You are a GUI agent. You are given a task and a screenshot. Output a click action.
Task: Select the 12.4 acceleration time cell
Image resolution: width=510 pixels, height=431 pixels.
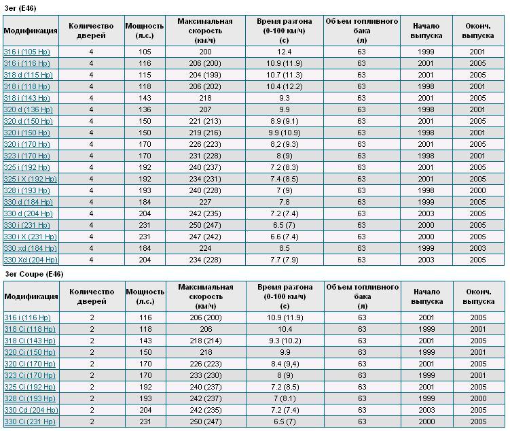click(x=284, y=52)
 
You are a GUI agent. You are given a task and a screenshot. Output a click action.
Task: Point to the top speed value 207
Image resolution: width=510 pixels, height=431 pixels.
click(x=205, y=109)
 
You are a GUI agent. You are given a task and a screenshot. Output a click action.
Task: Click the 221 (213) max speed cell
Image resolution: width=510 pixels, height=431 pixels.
click(x=205, y=121)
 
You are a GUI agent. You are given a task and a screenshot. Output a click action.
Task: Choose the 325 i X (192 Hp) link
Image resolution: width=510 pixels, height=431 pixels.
click(x=31, y=179)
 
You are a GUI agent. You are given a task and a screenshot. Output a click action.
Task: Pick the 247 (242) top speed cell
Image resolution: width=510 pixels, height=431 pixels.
click(x=205, y=237)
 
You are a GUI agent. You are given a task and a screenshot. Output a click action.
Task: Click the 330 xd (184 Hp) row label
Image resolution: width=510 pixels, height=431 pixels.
click(x=31, y=248)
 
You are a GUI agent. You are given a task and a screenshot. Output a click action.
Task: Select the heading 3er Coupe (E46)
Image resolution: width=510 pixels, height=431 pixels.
click(x=34, y=274)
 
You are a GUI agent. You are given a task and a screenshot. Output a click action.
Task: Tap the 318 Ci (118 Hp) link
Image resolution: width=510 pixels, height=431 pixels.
click(x=30, y=329)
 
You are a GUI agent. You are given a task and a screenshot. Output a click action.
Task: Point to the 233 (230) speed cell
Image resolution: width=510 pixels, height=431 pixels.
click(x=206, y=375)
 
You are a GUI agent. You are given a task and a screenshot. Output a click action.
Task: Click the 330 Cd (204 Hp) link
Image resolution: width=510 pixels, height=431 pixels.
click(x=31, y=410)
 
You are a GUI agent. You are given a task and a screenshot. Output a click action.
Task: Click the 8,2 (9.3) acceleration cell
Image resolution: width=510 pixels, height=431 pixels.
click(x=284, y=144)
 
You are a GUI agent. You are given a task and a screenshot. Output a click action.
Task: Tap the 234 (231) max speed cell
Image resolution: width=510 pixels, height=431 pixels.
click(x=205, y=179)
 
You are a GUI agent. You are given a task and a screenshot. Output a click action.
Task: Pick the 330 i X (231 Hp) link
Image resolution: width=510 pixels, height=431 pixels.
click(x=31, y=237)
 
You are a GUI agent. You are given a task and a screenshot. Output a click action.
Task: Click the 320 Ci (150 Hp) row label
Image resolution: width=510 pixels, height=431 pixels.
click(x=30, y=352)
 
